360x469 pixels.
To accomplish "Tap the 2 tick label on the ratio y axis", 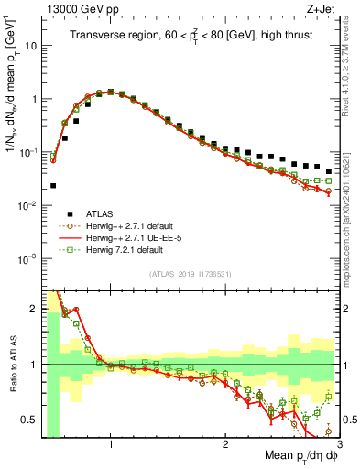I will tap(33, 308).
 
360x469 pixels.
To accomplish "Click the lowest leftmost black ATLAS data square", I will tap(53, 185).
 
